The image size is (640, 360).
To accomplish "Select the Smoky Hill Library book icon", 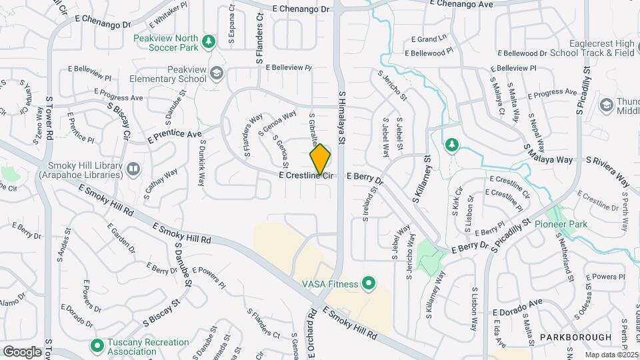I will point(133,169).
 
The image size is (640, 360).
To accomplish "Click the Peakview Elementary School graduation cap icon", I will point(216,73).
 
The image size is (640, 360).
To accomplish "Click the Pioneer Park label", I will point(561,224).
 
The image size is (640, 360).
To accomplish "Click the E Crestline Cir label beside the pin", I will point(305,175).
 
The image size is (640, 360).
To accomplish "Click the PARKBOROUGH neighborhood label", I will point(575,337).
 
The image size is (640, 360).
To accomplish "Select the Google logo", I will point(22,351).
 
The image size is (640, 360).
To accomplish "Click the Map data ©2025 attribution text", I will point(611,354).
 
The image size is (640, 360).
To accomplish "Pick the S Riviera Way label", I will point(607,171).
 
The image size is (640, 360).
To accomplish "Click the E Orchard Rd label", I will point(311,332).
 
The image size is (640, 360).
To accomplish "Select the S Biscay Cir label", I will point(118,119).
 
